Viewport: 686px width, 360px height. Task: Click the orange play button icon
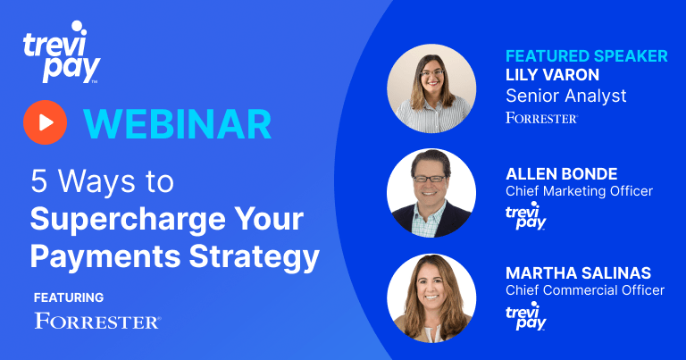point(45,122)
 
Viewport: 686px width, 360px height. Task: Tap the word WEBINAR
point(177,124)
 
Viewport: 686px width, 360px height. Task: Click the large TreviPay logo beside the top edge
point(62,52)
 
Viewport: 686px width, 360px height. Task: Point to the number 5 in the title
point(39,181)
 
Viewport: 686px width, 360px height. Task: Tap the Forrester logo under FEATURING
point(97,321)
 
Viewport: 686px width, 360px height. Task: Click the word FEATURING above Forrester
point(69,297)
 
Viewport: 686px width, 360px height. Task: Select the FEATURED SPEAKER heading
point(587,56)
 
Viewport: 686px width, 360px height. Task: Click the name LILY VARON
point(553,75)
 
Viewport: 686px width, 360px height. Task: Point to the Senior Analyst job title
point(566,96)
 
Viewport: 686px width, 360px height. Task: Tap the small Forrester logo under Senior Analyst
point(541,118)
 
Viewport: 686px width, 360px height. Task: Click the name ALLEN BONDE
point(562,174)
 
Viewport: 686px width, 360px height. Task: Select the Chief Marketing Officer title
point(579,191)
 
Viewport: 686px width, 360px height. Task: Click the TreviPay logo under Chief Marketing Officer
point(526,215)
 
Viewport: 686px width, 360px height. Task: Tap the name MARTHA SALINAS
point(579,273)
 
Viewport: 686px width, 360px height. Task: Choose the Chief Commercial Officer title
point(585,290)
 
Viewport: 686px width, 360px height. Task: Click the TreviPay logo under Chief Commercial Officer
point(526,315)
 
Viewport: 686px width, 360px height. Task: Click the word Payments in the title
point(105,256)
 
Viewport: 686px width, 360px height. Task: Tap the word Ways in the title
point(96,181)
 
